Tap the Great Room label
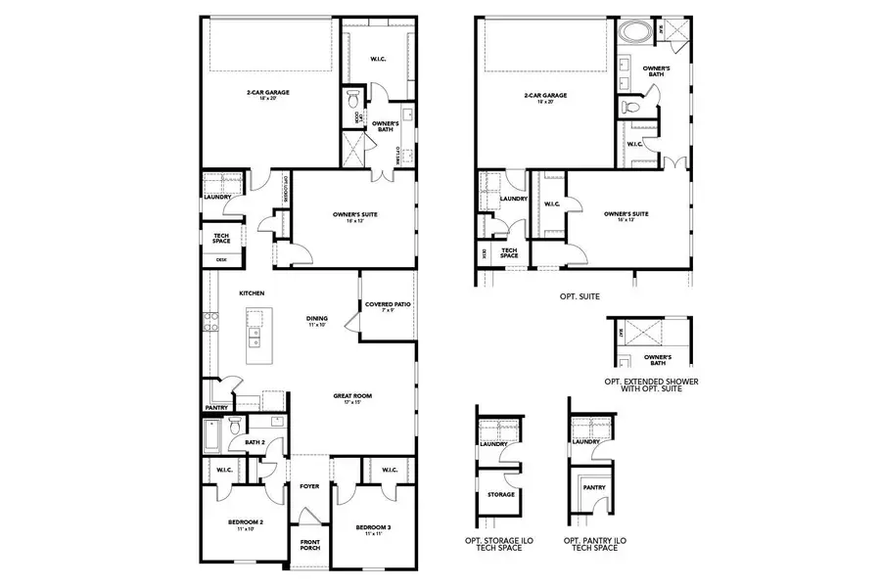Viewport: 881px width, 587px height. click(x=351, y=396)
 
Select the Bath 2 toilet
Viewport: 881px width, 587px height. click(x=235, y=427)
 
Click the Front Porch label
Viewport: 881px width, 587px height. click(x=309, y=543)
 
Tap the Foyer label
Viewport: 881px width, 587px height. click(x=309, y=485)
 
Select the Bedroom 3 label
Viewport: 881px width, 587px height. click(x=373, y=528)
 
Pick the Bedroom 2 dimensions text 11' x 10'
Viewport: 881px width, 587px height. click(x=241, y=529)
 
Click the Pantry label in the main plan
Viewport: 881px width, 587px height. click(x=216, y=408)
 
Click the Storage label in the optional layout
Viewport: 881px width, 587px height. click(x=494, y=494)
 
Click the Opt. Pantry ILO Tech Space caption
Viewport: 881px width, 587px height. click(x=591, y=543)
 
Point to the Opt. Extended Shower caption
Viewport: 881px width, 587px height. click(x=651, y=383)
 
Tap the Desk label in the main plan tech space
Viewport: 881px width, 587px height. click(x=209, y=259)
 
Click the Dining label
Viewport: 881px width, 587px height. click(x=316, y=318)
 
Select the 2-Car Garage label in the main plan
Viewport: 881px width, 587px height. click(x=268, y=94)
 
